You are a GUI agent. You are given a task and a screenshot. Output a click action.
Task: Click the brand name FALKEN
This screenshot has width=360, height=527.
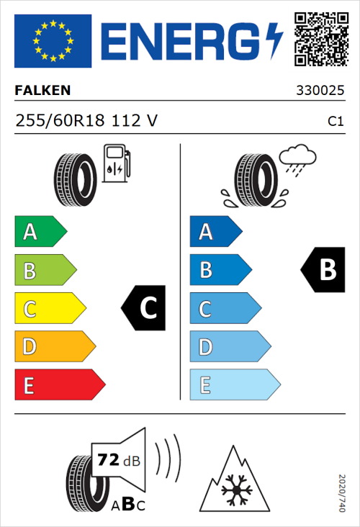tap(42, 91)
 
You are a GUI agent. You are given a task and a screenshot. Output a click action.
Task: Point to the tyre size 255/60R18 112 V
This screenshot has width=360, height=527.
tap(86, 121)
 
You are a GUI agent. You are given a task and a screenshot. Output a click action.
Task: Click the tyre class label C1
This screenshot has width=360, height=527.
tap(335, 122)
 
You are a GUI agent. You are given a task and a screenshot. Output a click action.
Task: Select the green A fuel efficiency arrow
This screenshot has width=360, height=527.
tap(40, 232)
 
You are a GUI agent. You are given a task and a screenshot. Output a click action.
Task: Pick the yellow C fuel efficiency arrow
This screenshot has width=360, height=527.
tap(49, 309)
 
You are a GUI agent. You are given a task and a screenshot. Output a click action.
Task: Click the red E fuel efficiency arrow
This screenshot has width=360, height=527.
tap(59, 385)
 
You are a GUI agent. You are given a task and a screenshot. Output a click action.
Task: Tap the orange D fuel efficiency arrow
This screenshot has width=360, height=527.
tap(54, 347)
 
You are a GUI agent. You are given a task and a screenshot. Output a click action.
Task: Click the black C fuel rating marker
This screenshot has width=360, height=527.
tap(145, 308)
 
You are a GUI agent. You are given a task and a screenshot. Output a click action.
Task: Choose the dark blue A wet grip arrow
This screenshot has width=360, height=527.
tap(215, 232)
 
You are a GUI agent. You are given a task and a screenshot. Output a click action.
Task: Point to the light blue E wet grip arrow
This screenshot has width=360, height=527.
tap(234, 385)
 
